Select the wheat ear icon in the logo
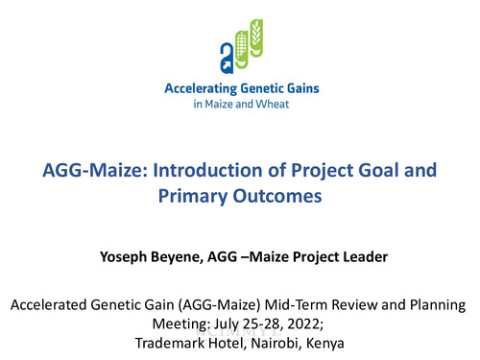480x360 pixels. point(254,40)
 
